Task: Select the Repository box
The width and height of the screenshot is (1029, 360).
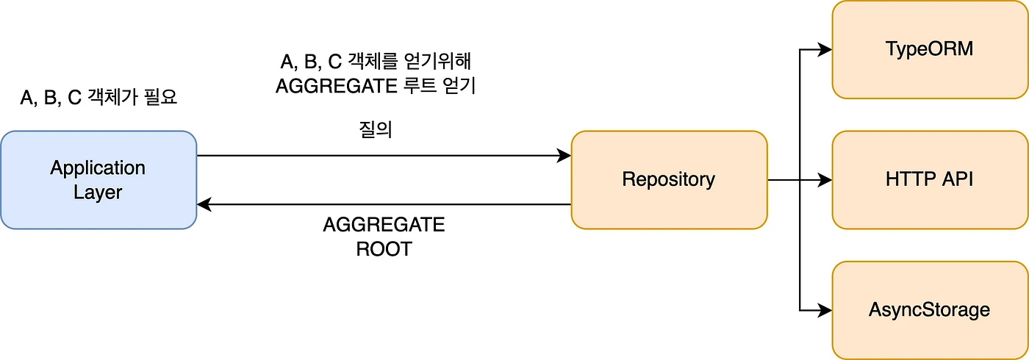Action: [x=668, y=179]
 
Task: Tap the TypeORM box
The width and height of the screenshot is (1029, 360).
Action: [x=929, y=49]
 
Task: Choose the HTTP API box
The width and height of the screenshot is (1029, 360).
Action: [x=929, y=179]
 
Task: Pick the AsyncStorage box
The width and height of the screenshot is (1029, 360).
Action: [x=929, y=309]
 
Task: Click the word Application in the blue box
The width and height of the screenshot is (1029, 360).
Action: [x=98, y=168]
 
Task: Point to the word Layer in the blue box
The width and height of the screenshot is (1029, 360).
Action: [x=98, y=193]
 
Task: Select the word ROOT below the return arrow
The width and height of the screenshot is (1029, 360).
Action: [x=384, y=249]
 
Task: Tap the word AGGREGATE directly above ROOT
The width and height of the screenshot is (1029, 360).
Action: [x=384, y=224]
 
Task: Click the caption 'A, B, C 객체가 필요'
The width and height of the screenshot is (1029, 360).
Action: [x=98, y=98]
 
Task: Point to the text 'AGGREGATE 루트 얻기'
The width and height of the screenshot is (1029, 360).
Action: [x=376, y=86]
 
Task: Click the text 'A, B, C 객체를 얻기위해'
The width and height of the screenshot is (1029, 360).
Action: [x=376, y=61]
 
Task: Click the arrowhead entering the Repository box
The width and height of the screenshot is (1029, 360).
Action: [x=564, y=155]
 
